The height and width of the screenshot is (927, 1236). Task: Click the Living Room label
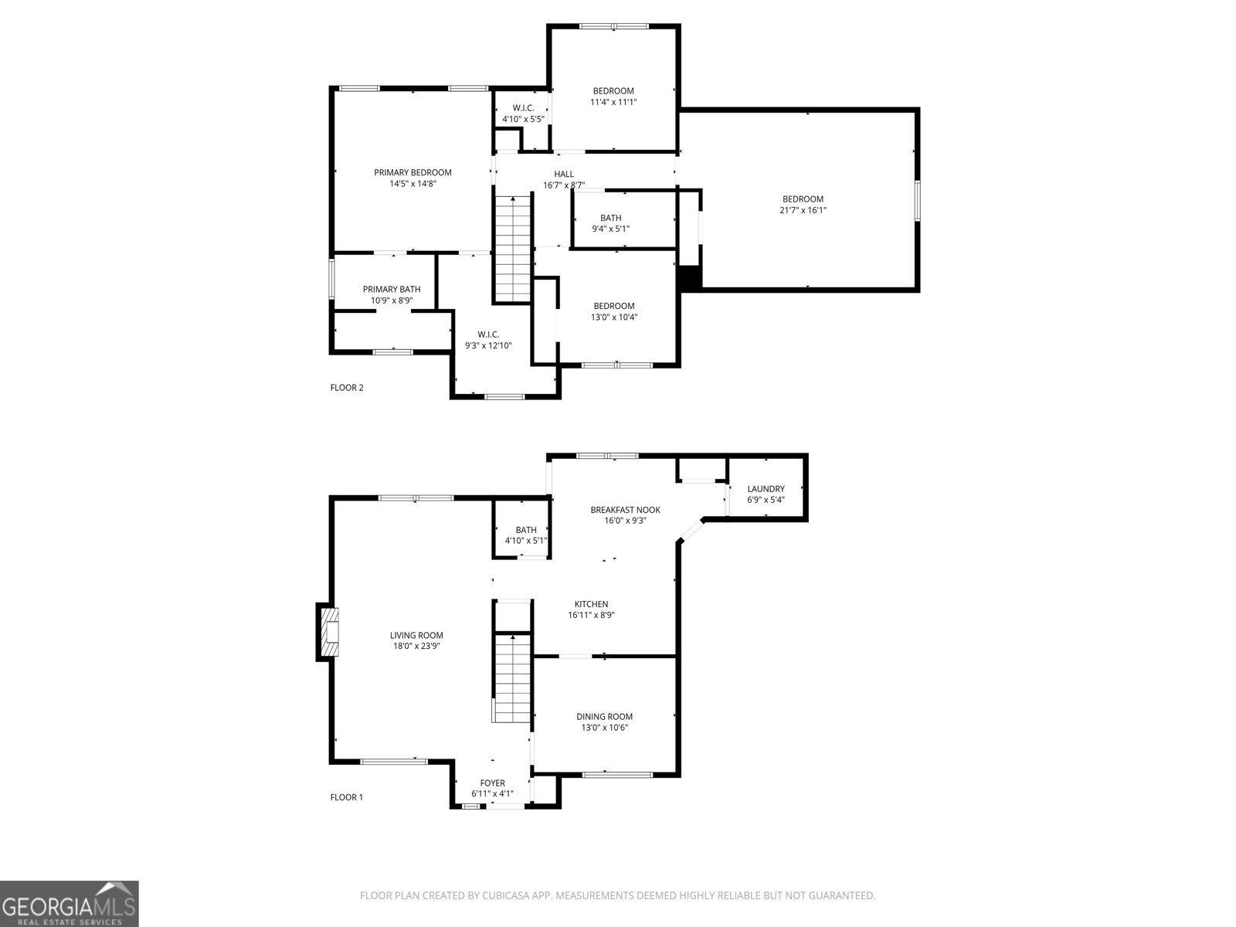coord(416,635)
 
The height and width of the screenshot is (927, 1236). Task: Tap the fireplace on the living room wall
coord(328,632)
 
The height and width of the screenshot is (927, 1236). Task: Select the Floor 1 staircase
coord(512,678)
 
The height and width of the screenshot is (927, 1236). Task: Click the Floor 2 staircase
coord(512,249)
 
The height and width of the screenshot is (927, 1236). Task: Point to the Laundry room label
coord(766,488)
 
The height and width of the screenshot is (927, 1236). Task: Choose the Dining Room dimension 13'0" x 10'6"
coord(604,727)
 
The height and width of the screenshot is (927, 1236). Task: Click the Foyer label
coord(492,783)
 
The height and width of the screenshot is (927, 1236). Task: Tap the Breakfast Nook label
coord(625,509)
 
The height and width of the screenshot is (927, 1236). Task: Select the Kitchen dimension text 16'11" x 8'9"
coord(591,615)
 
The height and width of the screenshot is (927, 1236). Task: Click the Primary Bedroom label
coord(413,172)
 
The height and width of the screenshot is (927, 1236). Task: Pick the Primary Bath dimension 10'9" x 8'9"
coord(392,300)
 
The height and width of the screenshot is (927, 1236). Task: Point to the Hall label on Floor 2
coord(564,174)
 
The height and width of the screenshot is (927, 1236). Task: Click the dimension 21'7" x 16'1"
coord(803,210)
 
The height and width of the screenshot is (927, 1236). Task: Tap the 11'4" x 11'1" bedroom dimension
coord(613,102)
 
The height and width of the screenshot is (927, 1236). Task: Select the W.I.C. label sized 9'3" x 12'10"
coord(488,334)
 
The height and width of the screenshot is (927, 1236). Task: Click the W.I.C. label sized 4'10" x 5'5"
coord(523,107)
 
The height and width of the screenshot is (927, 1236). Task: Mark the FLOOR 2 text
coord(347,387)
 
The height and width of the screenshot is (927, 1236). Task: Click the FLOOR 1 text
coord(346,797)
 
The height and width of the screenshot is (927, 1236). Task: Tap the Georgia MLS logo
coord(70,903)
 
